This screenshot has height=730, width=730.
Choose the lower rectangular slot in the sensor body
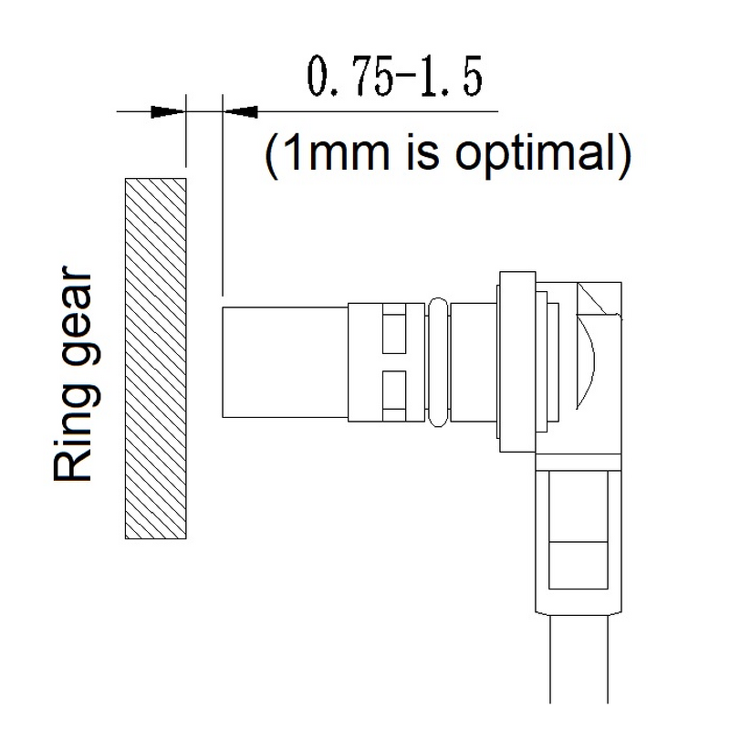pos(392,391)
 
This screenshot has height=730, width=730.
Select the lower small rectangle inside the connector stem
pos(578,565)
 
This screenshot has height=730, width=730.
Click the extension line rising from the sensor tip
pos(223,201)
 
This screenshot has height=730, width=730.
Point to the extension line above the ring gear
pos(186,137)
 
